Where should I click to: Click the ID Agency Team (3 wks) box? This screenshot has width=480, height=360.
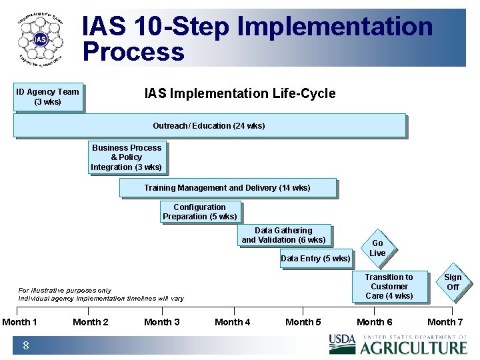(x=48, y=97)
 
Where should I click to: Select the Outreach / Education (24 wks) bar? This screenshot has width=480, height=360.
(x=209, y=125)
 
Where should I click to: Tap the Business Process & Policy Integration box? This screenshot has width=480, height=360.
(x=127, y=157)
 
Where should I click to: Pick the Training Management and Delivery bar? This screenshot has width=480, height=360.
(x=227, y=188)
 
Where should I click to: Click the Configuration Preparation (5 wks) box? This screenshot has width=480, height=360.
(x=199, y=212)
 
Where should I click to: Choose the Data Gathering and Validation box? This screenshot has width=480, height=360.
(x=284, y=235)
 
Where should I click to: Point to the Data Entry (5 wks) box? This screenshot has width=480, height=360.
(x=315, y=259)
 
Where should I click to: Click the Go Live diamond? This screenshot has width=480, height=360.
(x=378, y=248)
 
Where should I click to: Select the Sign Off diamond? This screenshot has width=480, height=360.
(x=453, y=282)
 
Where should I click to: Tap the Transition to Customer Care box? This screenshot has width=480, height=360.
(x=389, y=287)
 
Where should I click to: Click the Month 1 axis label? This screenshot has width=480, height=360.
(x=19, y=323)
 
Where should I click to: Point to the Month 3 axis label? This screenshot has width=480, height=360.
(x=162, y=323)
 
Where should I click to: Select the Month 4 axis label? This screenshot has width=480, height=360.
(x=233, y=323)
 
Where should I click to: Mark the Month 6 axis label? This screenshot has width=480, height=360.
(x=375, y=323)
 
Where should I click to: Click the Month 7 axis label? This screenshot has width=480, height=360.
(x=445, y=323)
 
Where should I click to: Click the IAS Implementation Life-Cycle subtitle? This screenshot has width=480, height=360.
(x=240, y=93)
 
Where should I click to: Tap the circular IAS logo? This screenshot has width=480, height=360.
(x=41, y=39)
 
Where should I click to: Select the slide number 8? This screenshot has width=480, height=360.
(x=25, y=345)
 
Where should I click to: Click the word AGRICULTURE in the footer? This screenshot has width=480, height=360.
(x=414, y=347)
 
